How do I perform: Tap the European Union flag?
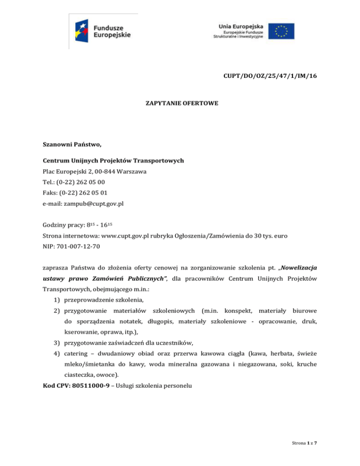pyautogui.click(x=281, y=30)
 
